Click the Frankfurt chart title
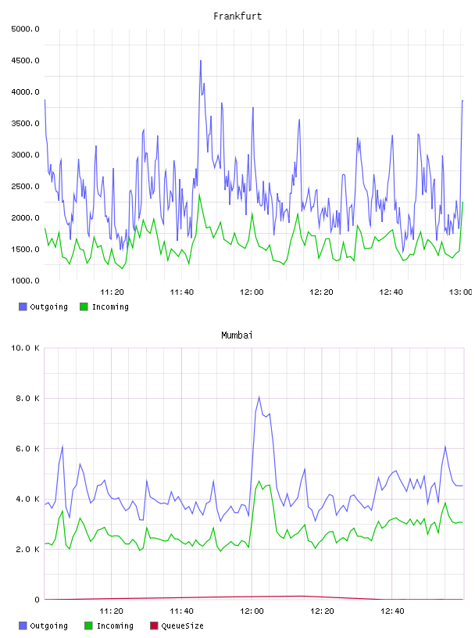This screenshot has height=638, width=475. [237, 16]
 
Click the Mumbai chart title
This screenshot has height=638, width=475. [237, 335]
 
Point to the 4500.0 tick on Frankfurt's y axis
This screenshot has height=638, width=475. [25, 61]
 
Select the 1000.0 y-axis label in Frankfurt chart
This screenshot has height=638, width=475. [25, 281]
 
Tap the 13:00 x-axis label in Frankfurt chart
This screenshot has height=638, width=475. [461, 292]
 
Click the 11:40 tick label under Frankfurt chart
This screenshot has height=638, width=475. [182, 292]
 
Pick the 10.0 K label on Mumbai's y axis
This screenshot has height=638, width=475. [25, 348]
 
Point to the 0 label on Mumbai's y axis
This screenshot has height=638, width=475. [37, 600]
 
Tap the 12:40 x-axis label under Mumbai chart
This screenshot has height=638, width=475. [392, 611]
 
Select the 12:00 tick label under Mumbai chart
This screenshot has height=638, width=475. [252, 611]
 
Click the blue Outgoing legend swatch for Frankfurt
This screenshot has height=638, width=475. [23, 306]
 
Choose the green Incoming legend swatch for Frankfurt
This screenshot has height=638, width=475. [84, 306]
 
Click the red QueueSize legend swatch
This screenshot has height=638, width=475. [154, 625]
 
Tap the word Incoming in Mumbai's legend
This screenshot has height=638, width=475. [115, 625]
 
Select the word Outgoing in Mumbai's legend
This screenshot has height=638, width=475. [48, 625]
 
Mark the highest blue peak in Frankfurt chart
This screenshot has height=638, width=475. [201, 61]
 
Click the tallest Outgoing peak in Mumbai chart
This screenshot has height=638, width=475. [259, 396]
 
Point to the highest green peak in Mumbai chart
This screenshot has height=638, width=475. [259, 481]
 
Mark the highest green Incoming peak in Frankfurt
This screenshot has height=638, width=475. [199, 195]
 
